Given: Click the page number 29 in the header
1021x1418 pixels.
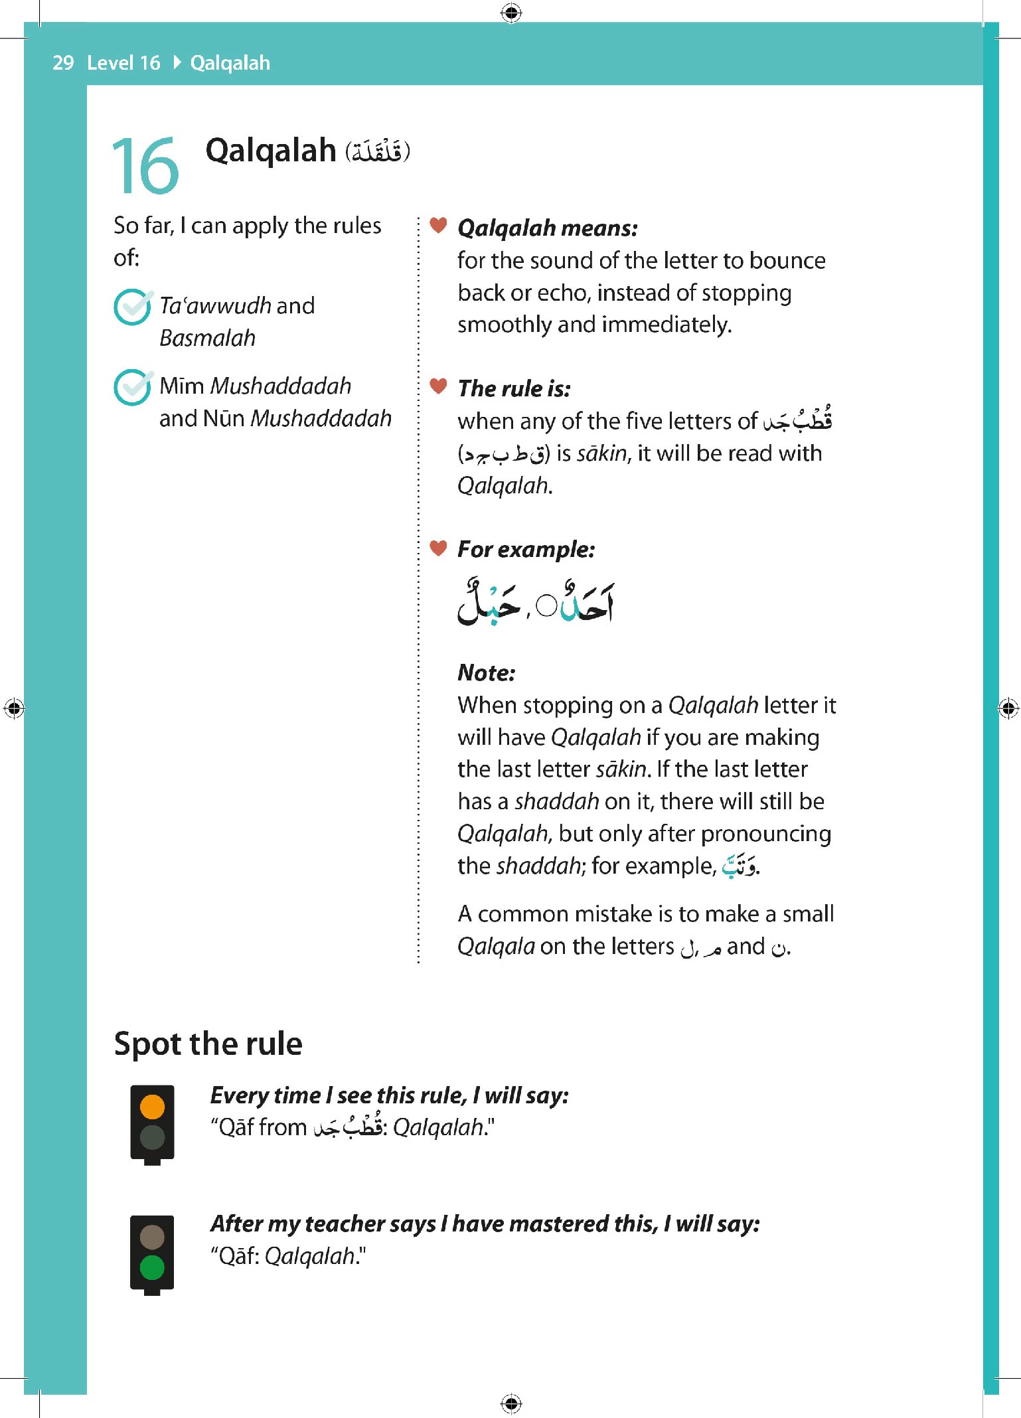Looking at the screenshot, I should [x=63, y=63].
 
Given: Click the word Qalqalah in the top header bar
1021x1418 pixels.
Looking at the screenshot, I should [x=230, y=63].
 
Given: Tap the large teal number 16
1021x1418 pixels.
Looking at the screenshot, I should [x=145, y=166].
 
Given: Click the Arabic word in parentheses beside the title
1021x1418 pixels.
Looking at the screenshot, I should [x=377, y=152].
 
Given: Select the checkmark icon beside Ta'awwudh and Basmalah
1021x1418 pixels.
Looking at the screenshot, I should [x=133, y=307].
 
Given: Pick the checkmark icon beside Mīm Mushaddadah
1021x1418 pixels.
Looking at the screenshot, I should [x=133, y=387].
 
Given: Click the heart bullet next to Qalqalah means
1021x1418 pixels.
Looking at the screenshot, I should [x=438, y=226].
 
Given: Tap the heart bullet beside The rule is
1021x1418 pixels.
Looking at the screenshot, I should [x=438, y=386].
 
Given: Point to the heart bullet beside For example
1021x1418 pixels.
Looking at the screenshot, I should [x=438, y=548].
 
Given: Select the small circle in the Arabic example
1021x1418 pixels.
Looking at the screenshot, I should [x=546, y=605].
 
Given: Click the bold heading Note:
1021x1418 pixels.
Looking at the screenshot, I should [x=486, y=673].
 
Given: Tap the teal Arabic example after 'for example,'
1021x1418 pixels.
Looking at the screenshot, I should [x=739, y=866].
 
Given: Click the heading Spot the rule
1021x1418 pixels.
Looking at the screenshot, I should [x=208, y=1044].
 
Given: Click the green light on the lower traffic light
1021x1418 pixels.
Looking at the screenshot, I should [x=152, y=1267].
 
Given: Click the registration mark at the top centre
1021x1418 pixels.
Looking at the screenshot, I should [x=510, y=13].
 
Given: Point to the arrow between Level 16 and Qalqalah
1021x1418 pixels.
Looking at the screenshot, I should [x=177, y=63].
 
